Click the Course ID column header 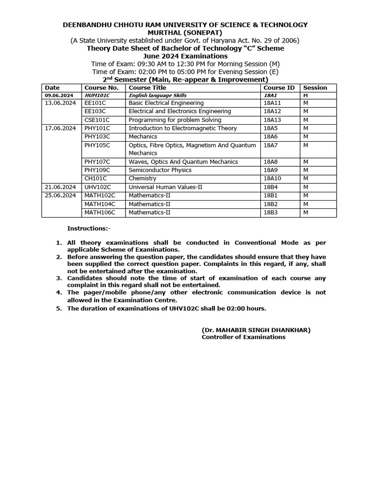(x=279, y=88)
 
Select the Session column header (x=314, y=88)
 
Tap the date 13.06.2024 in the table (x=60, y=103)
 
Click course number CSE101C (x=97, y=120)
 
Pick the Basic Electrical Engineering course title (x=166, y=103)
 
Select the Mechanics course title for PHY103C (x=143, y=137)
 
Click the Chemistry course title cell (x=143, y=178)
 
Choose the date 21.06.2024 (x=60, y=187)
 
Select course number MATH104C (x=100, y=204)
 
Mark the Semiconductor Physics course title (x=160, y=170)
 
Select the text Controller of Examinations (x=243, y=337)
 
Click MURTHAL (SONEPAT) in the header (x=185, y=32)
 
